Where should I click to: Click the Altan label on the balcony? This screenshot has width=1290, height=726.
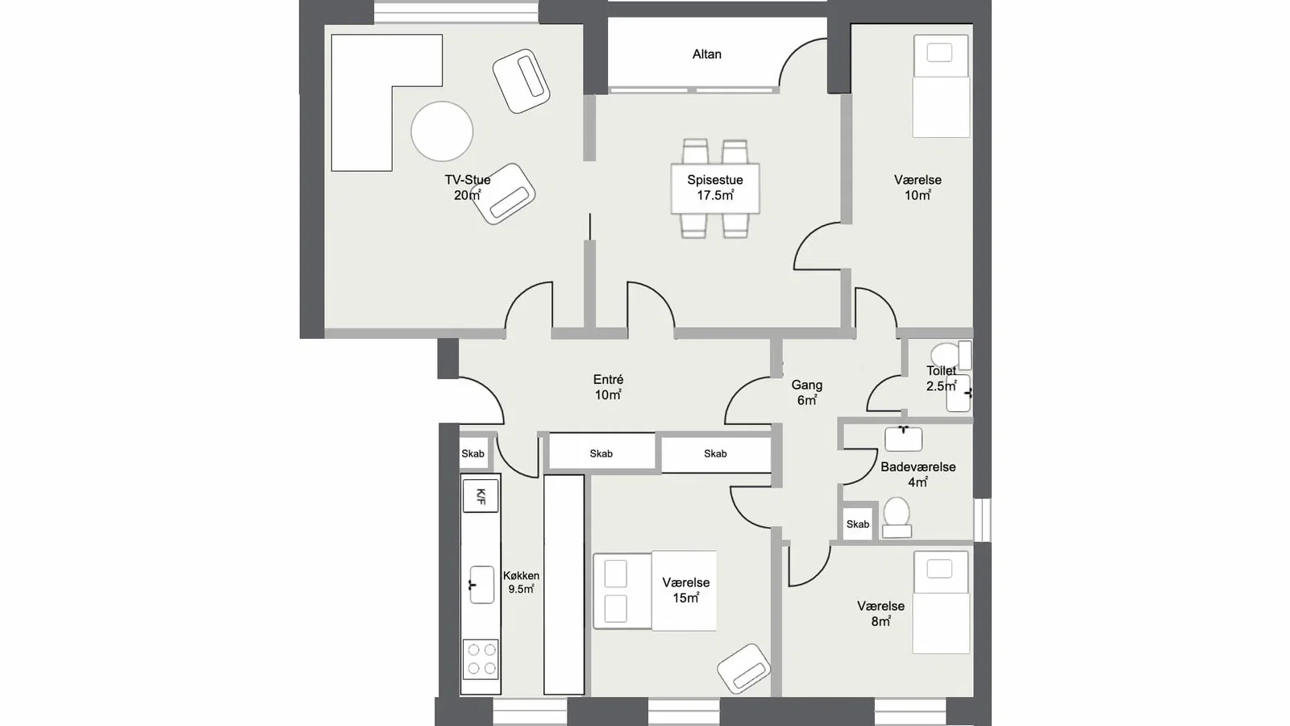pyautogui.click(x=706, y=54)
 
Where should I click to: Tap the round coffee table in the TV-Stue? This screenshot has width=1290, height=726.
pyautogui.click(x=442, y=131)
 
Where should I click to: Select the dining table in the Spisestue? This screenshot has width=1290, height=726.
pyautogui.click(x=714, y=189)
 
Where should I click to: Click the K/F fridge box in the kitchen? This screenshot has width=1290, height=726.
pyautogui.click(x=481, y=496)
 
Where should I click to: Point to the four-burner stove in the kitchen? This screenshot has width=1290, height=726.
pyautogui.click(x=481, y=658)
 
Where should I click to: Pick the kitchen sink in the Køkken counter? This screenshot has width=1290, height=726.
pyautogui.click(x=481, y=585)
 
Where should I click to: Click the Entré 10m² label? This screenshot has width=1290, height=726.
pyautogui.click(x=608, y=387)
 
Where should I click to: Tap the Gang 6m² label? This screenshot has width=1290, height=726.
pyautogui.click(x=806, y=392)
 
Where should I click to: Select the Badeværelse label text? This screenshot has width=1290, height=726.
pyautogui.click(x=918, y=467)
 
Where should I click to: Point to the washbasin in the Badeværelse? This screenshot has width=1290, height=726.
pyautogui.click(x=903, y=439)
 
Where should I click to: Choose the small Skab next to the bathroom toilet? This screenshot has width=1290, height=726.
pyautogui.click(x=858, y=524)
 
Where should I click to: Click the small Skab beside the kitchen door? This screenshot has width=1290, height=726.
pyautogui.click(x=472, y=453)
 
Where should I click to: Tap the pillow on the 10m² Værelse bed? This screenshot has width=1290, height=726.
pyautogui.click(x=939, y=53)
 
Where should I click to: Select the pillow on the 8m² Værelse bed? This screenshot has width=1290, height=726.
pyautogui.click(x=939, y=569)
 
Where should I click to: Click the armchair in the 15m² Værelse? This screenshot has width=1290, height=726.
pyautogui.click(x=743, y=669)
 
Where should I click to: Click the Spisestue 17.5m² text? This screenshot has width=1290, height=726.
pyautogui.click(x=714, y=188)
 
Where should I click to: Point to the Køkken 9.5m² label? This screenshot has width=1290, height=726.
pyautogui.click(x=521, y=582)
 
